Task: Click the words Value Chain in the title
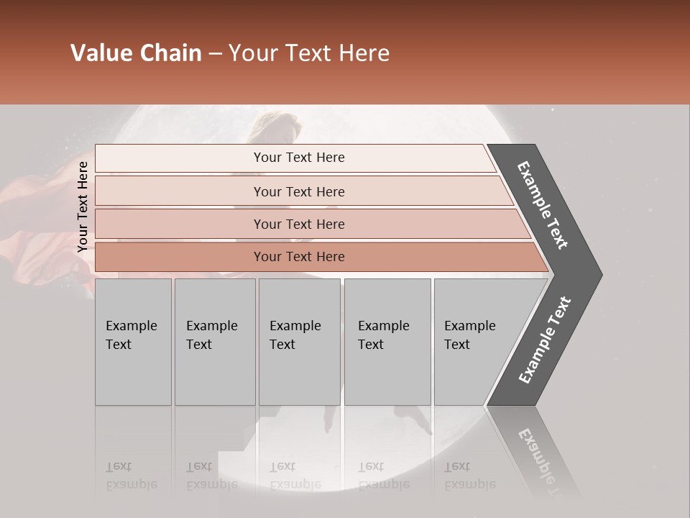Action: pos(136,53)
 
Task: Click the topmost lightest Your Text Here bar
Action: pos(298,158)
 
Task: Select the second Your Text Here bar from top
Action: pos(298,191)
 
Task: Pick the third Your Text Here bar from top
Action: pos(298,224)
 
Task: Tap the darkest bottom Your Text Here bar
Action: pos(298,257)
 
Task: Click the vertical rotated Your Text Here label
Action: pos(83,206)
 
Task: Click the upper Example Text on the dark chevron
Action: pos(543,205)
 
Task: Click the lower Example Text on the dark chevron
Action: pos(544,340)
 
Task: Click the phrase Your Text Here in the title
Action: pos(309,53)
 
